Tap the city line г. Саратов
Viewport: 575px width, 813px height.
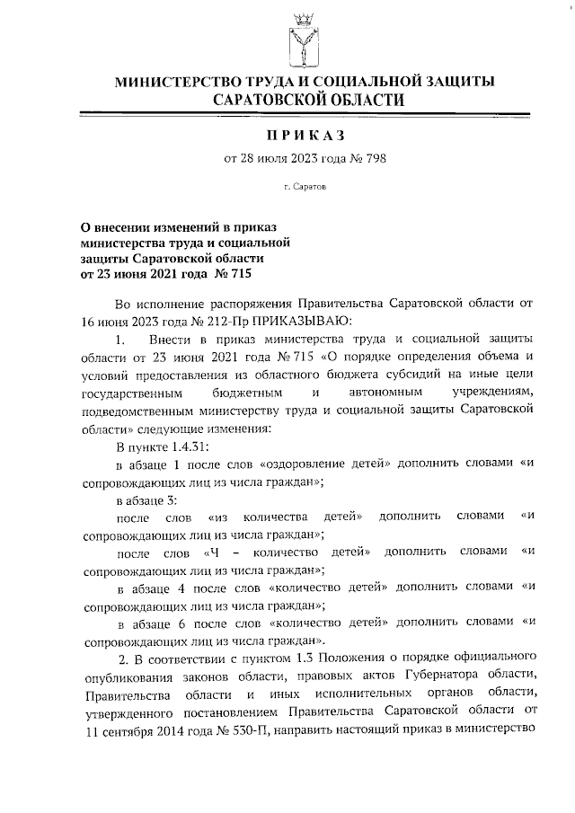coord(304,190)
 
